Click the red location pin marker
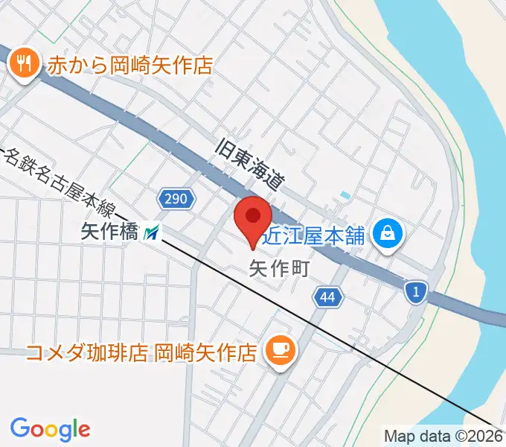pyautogui.click(x=253, y=218)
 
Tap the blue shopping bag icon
pyautogui.click(x=388, y=235)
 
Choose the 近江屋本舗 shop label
pyautogui.click(x=317, y=236)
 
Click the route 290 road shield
pyautogui.click(x=176, y=198)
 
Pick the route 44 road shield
pyautogui.click(x=327, y=298)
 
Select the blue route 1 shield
pyautogui.click(x=417, y=292)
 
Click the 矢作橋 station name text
pyautogui.click(x=109, y=233)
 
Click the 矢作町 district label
pyautogui.click(x=278, y=266)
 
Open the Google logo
pyautogui.click(x=50, y=429)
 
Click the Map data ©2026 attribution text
pyautogui.click(x=443, y=437)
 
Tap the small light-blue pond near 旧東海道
pyautogui.click(x=344, y=196)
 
